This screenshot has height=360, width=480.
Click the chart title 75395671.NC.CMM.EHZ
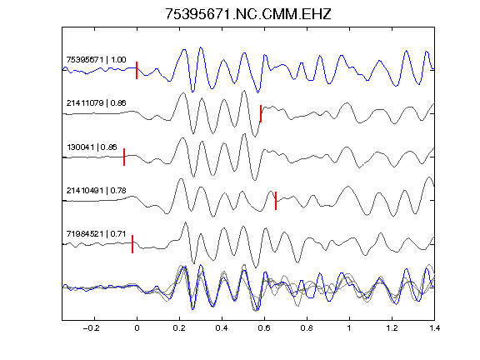[x=248, y=14]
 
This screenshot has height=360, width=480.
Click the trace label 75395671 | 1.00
[x=96, y=59]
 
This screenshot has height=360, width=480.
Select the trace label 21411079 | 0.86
[x=96, y=102]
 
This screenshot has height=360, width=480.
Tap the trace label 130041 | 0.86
[x=92, y=147]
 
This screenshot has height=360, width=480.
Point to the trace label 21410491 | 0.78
[x=96, y=190]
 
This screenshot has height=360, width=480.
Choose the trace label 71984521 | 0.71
[x=96, y=234]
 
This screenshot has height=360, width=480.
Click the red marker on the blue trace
[x=137, y=70]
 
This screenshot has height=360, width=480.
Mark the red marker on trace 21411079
[x=261, y=113]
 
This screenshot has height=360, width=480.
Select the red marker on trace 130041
[x=124, y=157]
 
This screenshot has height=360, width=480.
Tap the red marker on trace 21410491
[x=276, y=201]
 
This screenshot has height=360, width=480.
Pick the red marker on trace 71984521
[x=132, y=244]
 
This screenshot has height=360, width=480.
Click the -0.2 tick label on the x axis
[x=91, y=328]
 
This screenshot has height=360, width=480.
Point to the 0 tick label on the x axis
[x=137, y=328]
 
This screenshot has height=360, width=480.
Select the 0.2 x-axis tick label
[x=179, y=328]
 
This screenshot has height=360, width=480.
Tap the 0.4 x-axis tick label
[x=222, y=328]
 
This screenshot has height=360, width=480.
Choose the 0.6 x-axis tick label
[x=264, y=328]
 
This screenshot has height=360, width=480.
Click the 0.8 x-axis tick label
[x=307, y=328]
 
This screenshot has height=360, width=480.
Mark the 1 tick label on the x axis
[x=349, y=328]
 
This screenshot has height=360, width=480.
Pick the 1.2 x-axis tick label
[x=392, y=328]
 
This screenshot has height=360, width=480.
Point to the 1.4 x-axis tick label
[x=434, y=328]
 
